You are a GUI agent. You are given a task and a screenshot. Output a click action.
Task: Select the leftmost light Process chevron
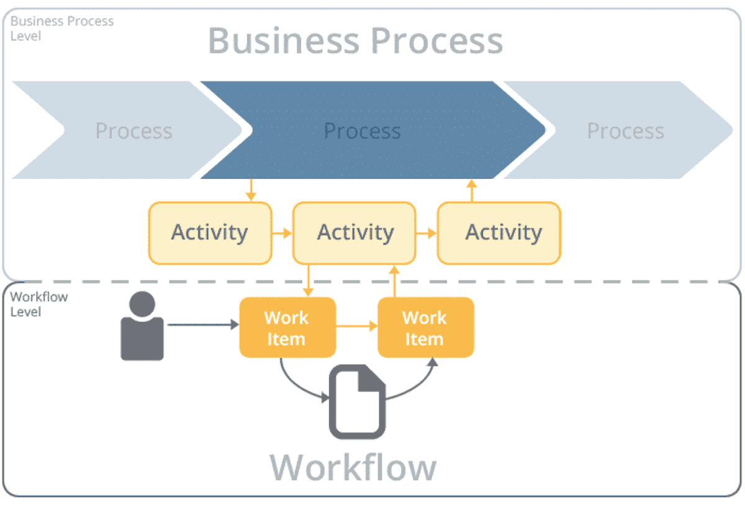click(133, 130)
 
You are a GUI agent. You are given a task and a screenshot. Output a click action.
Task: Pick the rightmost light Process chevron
click(626, 130)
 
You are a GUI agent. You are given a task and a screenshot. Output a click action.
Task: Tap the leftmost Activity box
click(210, 232)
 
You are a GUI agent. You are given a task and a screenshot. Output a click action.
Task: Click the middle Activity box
click(355, 232)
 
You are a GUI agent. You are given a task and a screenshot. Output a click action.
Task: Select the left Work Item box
click(287, 327)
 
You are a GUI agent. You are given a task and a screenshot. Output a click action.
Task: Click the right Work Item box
click(425, 327)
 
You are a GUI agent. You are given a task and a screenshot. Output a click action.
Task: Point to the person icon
click(142, 326)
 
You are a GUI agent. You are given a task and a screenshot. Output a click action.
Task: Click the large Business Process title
click(355, 41)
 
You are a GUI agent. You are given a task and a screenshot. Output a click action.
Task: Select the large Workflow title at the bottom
click(353, 467)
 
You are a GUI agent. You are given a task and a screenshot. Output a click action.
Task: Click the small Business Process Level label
click(61, 29)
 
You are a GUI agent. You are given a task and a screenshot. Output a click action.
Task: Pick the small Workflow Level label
click(38, 304)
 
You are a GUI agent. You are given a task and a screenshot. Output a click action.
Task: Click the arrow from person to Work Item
click(202, 324)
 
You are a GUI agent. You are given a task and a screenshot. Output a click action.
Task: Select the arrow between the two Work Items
click(357, 325)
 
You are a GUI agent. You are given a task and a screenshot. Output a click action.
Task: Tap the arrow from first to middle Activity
click(282, 233)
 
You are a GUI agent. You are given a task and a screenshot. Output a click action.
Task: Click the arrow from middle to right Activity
click(427, 233)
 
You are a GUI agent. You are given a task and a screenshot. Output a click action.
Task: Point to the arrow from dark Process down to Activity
click(251, 190)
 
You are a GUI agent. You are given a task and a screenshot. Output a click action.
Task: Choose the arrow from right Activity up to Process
click(471, 190)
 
